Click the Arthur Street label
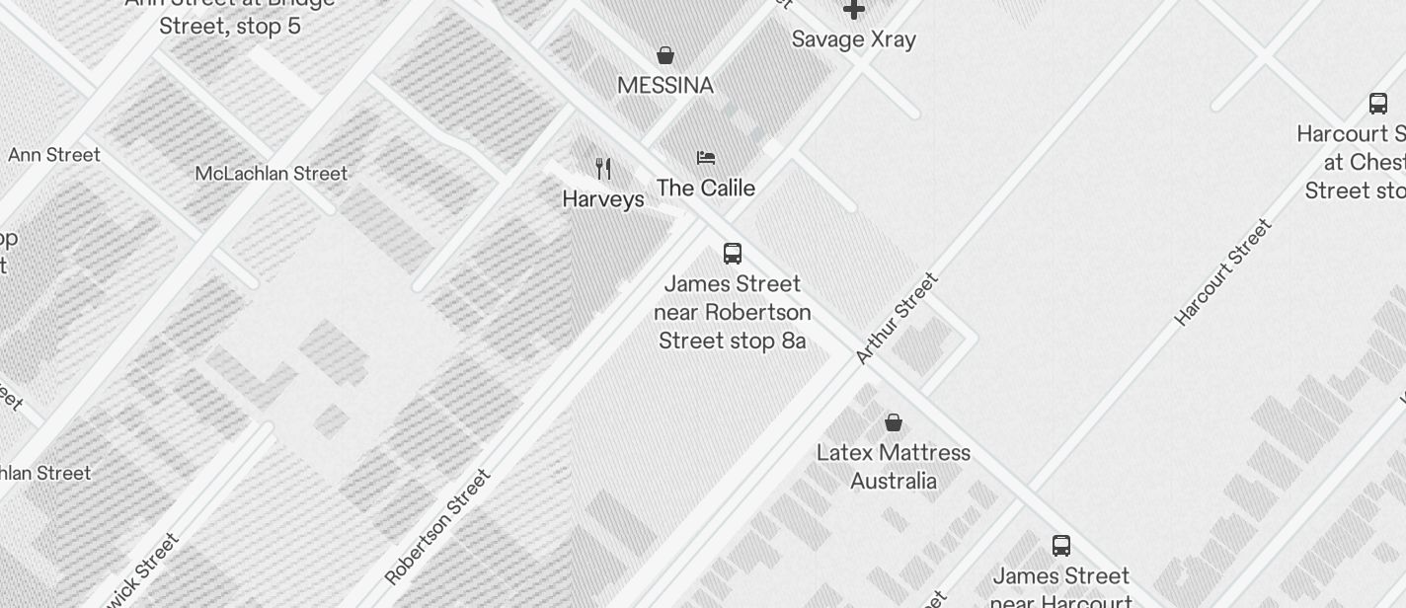click(x=897, y=319)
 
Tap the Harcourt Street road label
click(x=1222, y=272)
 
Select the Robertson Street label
click(x=437, y=527)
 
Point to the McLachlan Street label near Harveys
click(x=272, y=174)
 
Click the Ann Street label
click(x=54, y=155)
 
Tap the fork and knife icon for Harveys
click(x=603, y=169)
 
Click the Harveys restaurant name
click(x=603, y=199)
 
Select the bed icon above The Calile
click(x=706, y=158)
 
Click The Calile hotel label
click(x=706, y=189)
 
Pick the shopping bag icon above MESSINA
click(x=665, y=55)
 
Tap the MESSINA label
click(x=665, y=86)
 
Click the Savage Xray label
click(x=854, y=39)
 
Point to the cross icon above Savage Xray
click(x=854, y=10)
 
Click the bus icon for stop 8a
click(x=733, y=254)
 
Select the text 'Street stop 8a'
click(x=733, y=342)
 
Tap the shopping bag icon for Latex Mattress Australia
click(x=894, y=422)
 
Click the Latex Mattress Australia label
click(x=894, y=467)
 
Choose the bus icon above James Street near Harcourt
click(x=1061, y=545)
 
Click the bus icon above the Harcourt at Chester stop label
click(x=1378, y=103)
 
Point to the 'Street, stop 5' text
click(x=230, y=26)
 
